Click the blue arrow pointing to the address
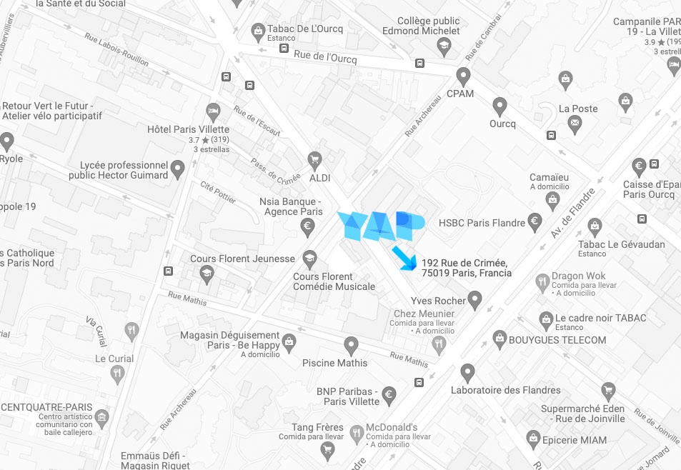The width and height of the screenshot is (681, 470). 404,258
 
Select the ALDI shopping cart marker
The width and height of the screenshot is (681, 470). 314,159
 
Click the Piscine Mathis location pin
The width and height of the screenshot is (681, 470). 351,345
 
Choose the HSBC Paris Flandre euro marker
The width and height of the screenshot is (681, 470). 534,221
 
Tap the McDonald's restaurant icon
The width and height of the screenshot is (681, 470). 357,432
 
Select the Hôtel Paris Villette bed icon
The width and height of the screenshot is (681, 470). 212,111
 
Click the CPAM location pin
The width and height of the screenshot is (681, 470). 463,75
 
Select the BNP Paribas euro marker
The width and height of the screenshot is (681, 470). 389,394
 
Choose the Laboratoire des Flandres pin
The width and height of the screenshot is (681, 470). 467,372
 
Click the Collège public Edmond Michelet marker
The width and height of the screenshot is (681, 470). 444,46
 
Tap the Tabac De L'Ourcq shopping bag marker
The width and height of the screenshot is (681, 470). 258,31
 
